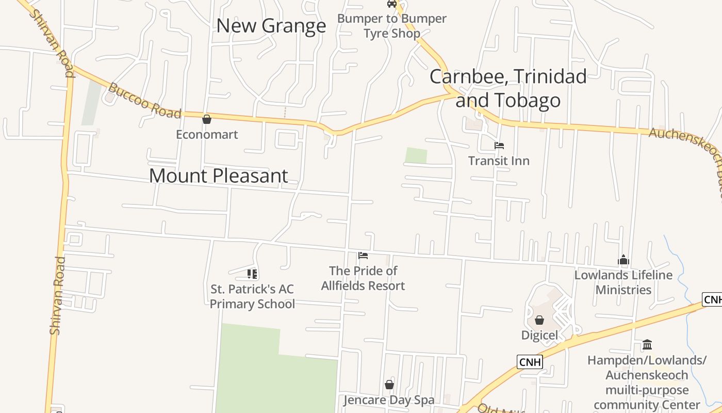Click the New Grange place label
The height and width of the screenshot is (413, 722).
pyautogui.click(x=271, y=26)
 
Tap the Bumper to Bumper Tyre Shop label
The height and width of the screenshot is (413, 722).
pyautogui.click(x=392, y=26)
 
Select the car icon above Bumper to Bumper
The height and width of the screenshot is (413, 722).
pyautogui.click(x=392, y=4)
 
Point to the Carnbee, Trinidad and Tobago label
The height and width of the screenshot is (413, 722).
pyautogui.click(x=508, y=88)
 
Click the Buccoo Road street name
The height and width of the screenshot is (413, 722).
pyautogui.click(x=145, y=102)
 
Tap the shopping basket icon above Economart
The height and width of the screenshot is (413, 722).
pyautogui.click(x=207, y=120)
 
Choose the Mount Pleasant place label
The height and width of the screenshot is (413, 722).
pyautogui.click(x=218, y=176)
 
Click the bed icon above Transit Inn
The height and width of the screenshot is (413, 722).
pyautogui.click(x=499, y=146)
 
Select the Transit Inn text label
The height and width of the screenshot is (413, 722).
pyautogui.click(x=499, y=161)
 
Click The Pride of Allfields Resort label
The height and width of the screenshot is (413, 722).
pyautogui.click(x=363, y=278)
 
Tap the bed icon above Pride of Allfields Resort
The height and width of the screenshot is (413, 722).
pyautogui.click(x=363, y=256)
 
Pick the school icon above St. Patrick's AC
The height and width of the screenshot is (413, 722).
pyautogui.click(x=252, y=274)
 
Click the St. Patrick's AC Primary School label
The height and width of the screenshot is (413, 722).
pyautogui.click(x=252, y=296)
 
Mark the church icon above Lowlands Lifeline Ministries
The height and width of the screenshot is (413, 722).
pyautogui.click(x=623, y=260)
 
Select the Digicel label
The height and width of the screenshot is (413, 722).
pyautogui.click(x=539, y=335)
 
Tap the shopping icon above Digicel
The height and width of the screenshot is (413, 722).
pyautogui.click(x=539, y=321)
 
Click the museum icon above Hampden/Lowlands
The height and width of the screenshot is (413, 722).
pyautogui.click(x=647, y=344)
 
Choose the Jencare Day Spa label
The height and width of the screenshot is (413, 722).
pyautogui.click(x=389, y=400)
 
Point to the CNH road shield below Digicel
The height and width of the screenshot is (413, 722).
pyautogui.click(x=530, y=362)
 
